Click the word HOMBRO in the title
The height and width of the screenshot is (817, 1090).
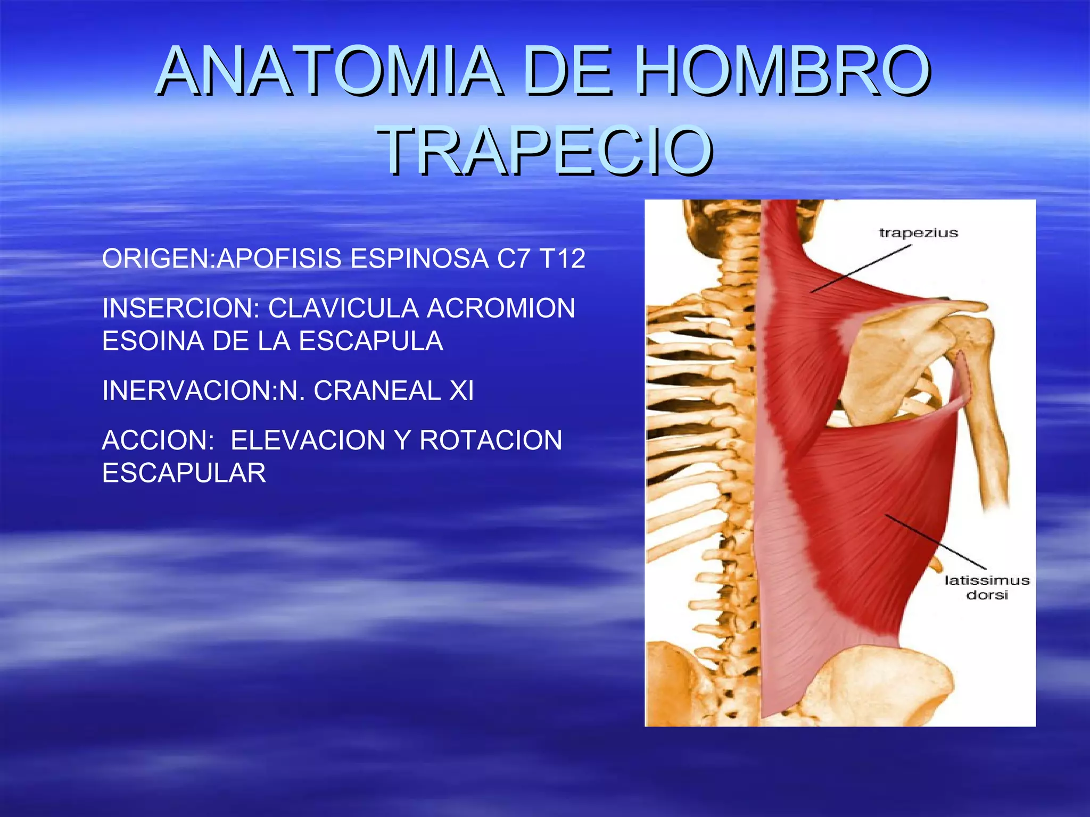(x=783, y=71)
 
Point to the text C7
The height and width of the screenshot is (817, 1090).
(x=513, y=259)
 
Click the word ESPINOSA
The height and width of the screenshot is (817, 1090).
(x=419, y=259)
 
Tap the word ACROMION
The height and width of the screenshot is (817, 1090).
(x=501, y=309)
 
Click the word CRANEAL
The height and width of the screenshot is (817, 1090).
(x=377, y=391)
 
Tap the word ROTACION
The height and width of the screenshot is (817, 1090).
(x=491, y=440)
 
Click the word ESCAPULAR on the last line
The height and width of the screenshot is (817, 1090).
(x=184, y=473)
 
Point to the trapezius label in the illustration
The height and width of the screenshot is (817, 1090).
(x=918, y=233)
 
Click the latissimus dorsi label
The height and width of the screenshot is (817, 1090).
(x=987, y=587)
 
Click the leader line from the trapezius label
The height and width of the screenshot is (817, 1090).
(x=861, y=268)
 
